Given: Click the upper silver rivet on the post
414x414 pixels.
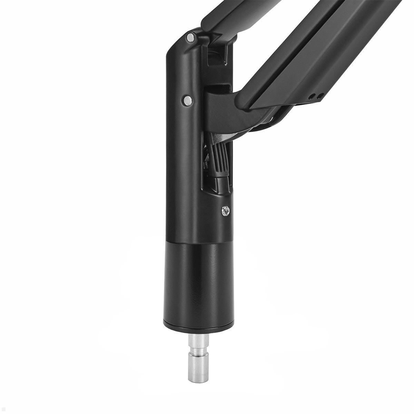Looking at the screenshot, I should pyautogui.click(x=190, y=38).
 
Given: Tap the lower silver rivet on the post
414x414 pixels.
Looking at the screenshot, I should pyautogui.click(x=188, y=100).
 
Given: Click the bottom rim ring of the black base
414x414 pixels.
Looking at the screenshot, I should pyautogui.click(x=197, y=325).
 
